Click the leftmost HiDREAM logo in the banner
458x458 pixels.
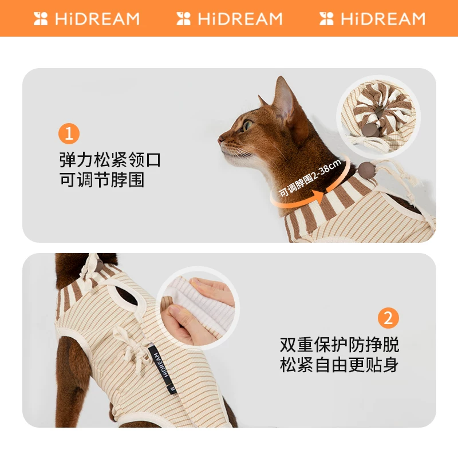click(86, 18)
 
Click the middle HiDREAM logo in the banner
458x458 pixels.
click(230, 18)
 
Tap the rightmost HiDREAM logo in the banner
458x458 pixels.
click(373, 18)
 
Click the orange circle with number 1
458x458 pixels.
click(69, 134)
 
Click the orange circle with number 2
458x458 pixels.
click(389, 318)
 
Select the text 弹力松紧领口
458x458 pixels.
click(110, 159)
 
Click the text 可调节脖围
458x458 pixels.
click(102, 180)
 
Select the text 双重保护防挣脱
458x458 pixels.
click(339, 345)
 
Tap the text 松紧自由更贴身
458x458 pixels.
click(339, 365)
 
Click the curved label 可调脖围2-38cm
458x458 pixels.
click(310, 177)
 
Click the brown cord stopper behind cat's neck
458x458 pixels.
click(364, 168)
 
